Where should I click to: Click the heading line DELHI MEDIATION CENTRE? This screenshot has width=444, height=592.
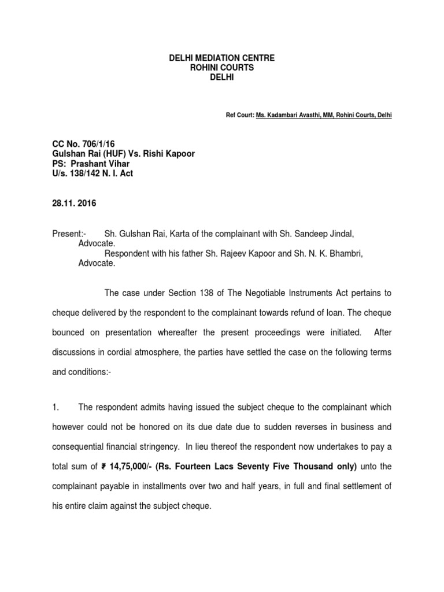(x=213, y=58)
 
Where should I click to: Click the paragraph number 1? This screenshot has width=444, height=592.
(x=71, y=408)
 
